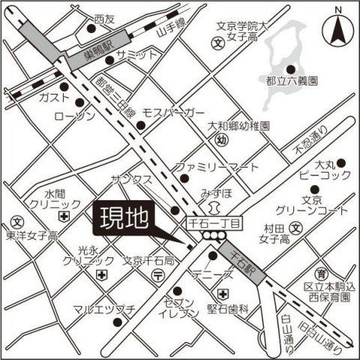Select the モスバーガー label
click(173, 112)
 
